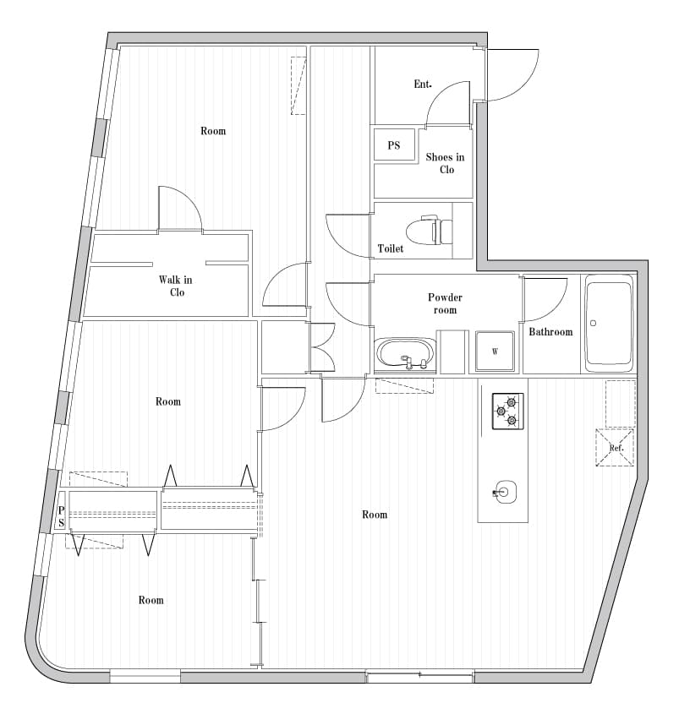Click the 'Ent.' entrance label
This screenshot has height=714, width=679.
[423, 84]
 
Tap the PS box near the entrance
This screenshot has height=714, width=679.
[394, 145]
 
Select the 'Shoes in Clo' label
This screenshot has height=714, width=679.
[445, 163]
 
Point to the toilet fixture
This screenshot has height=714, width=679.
[430, 230]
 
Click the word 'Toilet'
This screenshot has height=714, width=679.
[391, 249]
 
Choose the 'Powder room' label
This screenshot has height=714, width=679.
[445, 303]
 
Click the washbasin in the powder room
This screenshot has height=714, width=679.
[405, 355]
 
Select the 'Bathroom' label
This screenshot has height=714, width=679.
[550, 332]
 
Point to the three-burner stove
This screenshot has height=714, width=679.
[507, 411]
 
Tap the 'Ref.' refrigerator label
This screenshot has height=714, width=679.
[616, 448]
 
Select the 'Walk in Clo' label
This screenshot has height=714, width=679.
[176, 286]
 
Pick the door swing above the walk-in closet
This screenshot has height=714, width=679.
[179, 208]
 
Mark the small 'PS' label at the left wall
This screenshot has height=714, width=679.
[61, 516]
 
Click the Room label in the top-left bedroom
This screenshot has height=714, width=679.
[213, 131]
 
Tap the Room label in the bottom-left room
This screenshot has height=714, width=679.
[151, 600]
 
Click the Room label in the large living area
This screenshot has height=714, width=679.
[375, 515]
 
